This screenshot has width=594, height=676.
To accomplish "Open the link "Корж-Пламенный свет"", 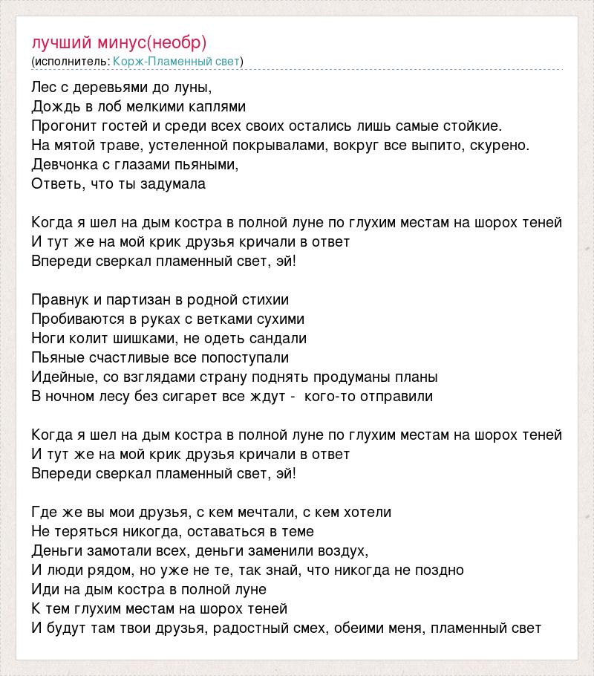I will pos(177,61).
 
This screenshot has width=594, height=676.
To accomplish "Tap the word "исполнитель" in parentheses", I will pos(71,61).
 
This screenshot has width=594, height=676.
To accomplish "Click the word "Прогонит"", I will pos(62,126).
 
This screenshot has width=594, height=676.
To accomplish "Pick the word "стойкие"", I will pos(472,126).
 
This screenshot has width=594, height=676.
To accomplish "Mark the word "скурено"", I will pos(499,145).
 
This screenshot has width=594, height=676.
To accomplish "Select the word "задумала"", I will pos(175,183).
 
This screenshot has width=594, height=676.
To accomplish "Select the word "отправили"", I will pos(396,396).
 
